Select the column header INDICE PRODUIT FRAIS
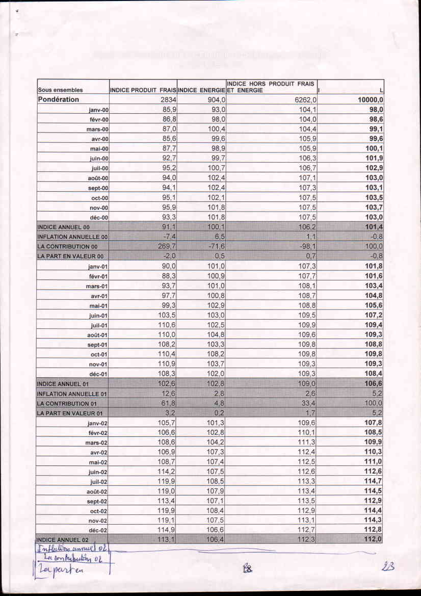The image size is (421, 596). (143, 90)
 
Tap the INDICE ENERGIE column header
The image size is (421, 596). (201, 90)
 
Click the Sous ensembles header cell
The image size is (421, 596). (61, 90)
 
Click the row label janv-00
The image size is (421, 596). (98, 110)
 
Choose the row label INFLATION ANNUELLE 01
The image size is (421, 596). (72, 394)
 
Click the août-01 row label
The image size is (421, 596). (98, 335)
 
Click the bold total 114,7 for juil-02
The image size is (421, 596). (373, 481)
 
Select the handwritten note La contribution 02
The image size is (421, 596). (74, 559)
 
